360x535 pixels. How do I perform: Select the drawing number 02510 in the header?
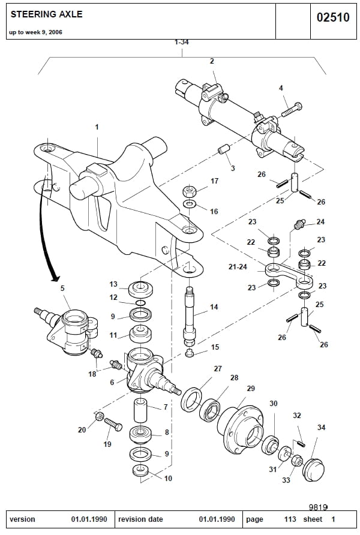point(332,17)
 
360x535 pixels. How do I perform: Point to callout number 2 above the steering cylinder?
point(212,61)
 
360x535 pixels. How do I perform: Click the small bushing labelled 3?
point(223,148)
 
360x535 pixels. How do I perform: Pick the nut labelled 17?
point(189,192)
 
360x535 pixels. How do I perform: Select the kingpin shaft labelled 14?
point(190,315)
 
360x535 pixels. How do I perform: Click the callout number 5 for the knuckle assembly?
point(62,288)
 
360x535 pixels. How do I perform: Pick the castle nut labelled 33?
point(296,461)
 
